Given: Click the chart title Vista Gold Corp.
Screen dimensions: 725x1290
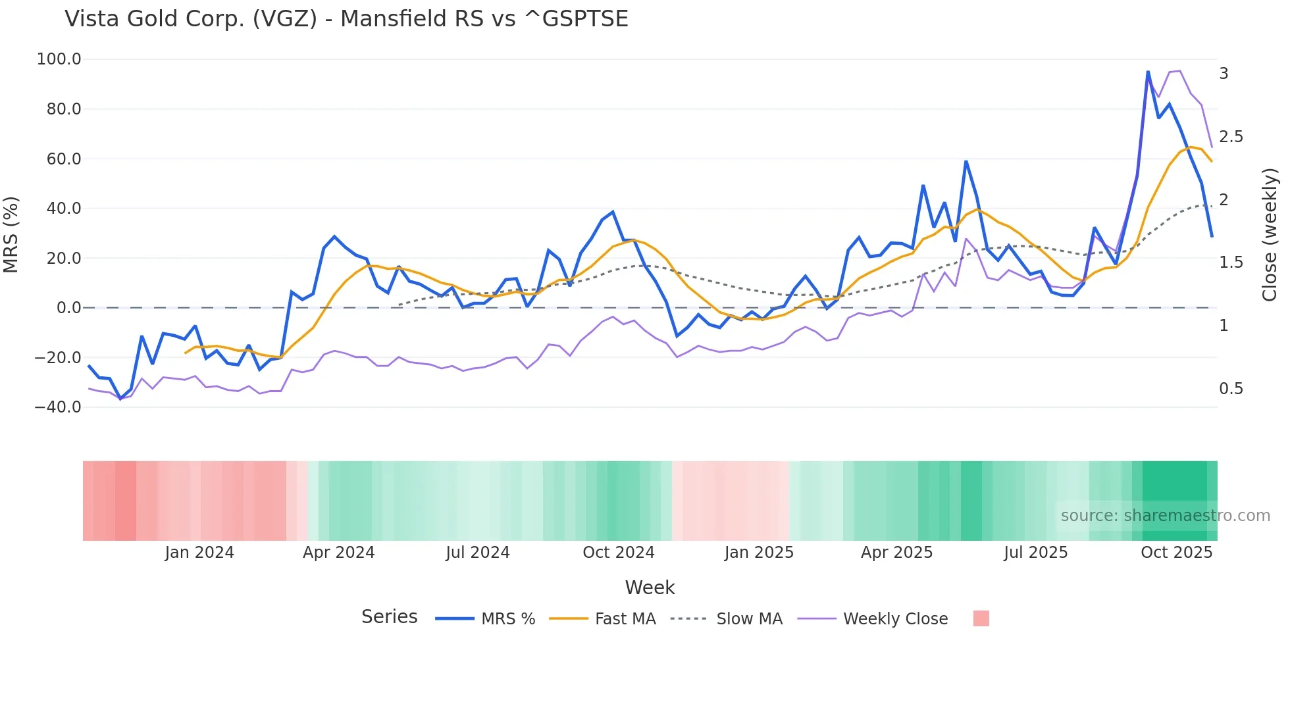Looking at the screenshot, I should point(346,19).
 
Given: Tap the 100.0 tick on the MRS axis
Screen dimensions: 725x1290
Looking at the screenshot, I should point(59,59).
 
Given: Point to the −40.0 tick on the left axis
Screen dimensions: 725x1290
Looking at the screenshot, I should point(58,407).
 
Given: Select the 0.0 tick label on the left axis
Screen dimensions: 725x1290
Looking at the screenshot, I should point(68,308).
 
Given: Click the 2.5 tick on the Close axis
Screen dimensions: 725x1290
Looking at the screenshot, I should point(1231,137).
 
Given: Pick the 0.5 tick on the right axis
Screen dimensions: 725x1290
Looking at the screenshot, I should point(1231,389).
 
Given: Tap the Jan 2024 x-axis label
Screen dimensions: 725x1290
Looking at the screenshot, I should point(199,553).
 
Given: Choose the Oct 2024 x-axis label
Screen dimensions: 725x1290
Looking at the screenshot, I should point(619,553).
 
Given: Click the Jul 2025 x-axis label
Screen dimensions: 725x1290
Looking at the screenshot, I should point(1035,553).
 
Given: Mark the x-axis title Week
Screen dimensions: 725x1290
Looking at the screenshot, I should point(650,587).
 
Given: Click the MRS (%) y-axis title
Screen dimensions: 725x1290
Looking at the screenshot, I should point(11,235).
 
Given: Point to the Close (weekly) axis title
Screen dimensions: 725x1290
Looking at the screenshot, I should point(1270,235).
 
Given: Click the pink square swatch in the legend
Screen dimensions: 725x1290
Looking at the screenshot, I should point(981,618).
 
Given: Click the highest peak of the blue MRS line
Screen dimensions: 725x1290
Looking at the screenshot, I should point(1148,72).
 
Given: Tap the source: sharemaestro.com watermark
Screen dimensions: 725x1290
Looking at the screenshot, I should point(1165,516).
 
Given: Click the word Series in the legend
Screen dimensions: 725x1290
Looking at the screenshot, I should point(389,617).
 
